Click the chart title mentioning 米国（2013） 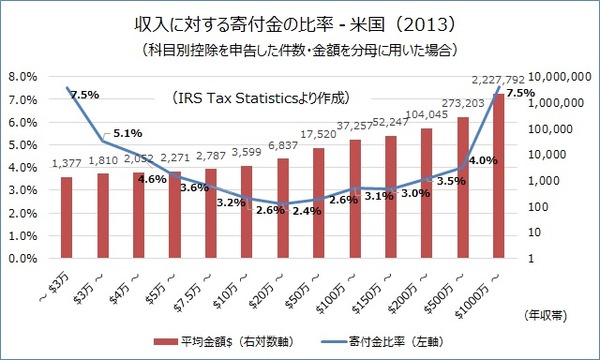point(299,21)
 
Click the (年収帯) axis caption point(546,314)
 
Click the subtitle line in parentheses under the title point(299,48)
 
